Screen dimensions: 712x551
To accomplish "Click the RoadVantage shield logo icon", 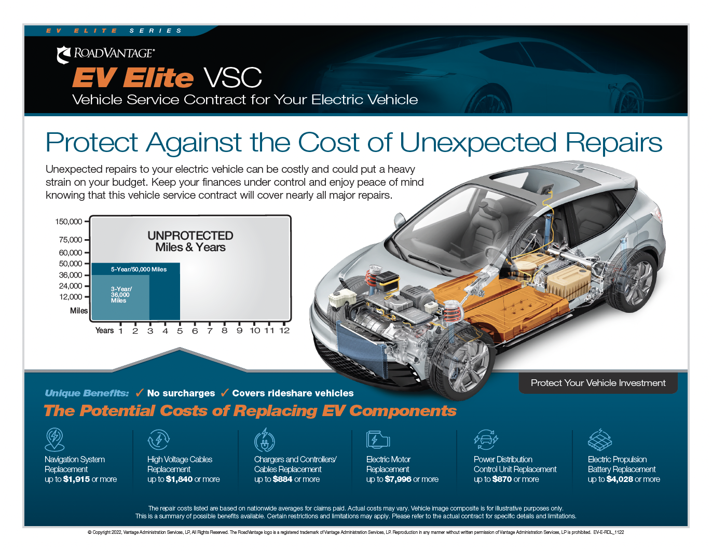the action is (63, 54).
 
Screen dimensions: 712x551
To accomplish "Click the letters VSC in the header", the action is (232, 78).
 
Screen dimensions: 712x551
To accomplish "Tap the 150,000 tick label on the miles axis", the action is (69, 222).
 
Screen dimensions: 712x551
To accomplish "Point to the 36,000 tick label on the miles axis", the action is (71, 275).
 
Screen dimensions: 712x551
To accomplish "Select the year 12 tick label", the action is (284, 330).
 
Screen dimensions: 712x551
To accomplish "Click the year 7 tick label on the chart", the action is (210, 330).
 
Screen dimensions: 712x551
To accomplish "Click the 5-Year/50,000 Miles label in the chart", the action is (139, 269).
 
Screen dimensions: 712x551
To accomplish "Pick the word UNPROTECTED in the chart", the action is (190, 236).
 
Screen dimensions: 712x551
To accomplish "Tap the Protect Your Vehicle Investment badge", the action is (598, 383).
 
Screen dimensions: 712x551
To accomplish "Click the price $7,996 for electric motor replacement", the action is (398, 479).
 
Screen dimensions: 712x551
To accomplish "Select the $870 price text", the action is (502, 479).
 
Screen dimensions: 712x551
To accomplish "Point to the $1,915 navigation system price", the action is (76, 479).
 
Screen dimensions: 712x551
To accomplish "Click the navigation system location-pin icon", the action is (54, 439).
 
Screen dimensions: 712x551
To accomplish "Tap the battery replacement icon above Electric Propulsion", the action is (599, 439).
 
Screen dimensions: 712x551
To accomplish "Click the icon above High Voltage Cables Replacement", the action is (159, 439).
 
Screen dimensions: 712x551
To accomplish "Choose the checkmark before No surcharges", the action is (140, 392).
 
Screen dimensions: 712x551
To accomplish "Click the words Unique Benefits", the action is (87, 393).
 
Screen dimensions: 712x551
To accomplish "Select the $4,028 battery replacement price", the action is (620, 479).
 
